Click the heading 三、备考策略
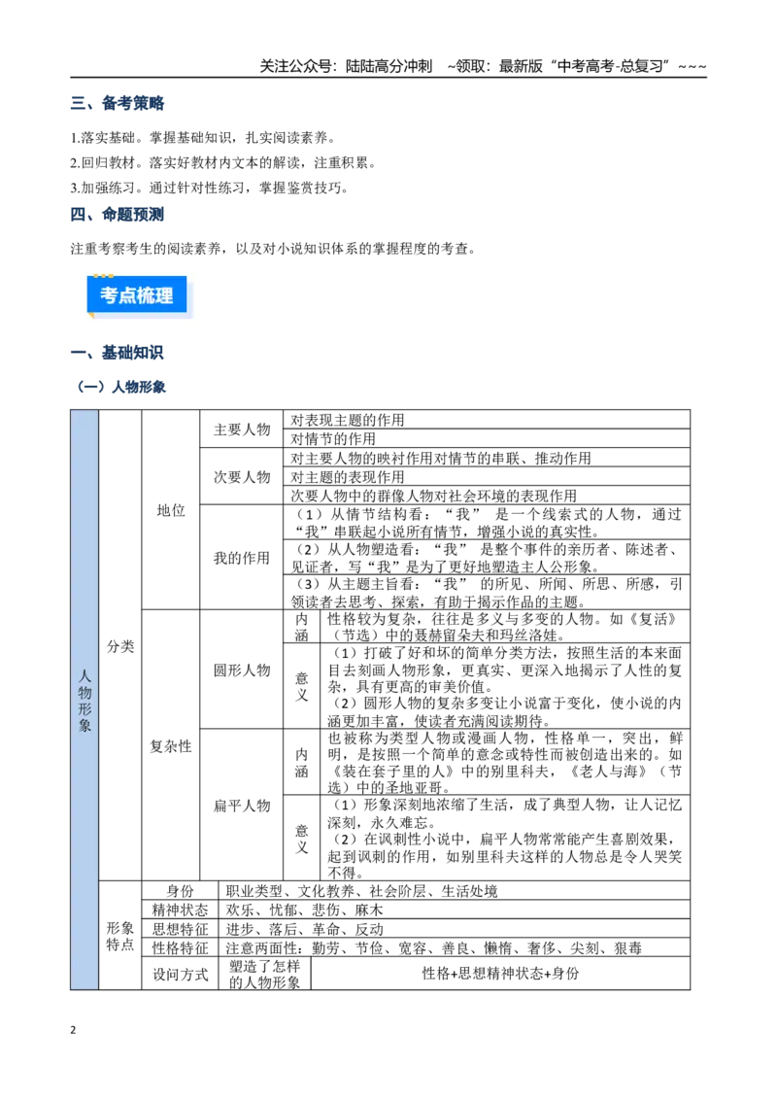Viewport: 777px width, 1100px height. [118, 103]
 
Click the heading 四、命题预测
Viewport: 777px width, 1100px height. [118, 214]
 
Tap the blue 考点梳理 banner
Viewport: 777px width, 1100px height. [137, 295]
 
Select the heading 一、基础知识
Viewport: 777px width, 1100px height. [118, 352]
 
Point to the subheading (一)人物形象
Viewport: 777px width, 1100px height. [120, 387]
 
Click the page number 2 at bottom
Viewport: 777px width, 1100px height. [73, 1030]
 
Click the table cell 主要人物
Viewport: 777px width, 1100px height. [242, 430]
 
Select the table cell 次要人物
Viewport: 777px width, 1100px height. [242, 477]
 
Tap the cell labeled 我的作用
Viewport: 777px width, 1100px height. [242, 558]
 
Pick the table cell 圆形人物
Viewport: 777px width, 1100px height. [242, 670]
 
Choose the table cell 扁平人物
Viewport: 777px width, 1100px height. [242, 806]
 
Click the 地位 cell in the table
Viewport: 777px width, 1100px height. [171, 510]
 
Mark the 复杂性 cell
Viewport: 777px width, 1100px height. [171, 745]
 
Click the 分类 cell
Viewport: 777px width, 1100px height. [120, 646]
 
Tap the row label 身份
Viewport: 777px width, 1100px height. [181, 891]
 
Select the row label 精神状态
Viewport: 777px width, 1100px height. [181, 910]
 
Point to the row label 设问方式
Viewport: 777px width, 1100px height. [181, 974]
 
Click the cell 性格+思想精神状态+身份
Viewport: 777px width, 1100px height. [501, 973]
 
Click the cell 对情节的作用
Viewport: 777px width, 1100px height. [333, 438]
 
